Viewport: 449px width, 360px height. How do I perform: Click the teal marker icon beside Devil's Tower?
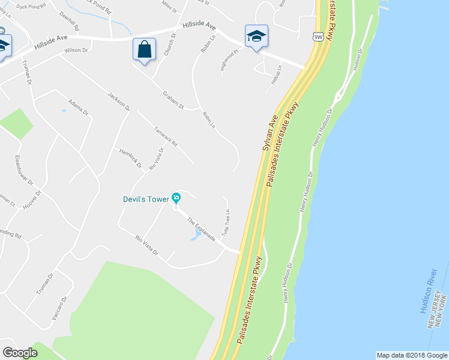[x=176, y=197]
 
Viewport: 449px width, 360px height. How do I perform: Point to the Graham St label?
[x=173, y=100]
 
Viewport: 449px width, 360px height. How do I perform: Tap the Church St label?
[x=169, y=46]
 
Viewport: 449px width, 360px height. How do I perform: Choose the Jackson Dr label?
[x=119, y=101]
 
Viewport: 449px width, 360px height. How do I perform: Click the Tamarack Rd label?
[x=166, y=137]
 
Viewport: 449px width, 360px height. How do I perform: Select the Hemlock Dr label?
[x=130, y=158]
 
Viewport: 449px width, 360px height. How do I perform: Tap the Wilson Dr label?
[x=76, y=51]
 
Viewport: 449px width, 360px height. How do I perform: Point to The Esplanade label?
[x=200, y=230]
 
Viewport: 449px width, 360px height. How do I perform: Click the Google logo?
[x=20, y=353]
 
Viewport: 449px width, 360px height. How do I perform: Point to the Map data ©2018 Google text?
[x=411, y=355]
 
